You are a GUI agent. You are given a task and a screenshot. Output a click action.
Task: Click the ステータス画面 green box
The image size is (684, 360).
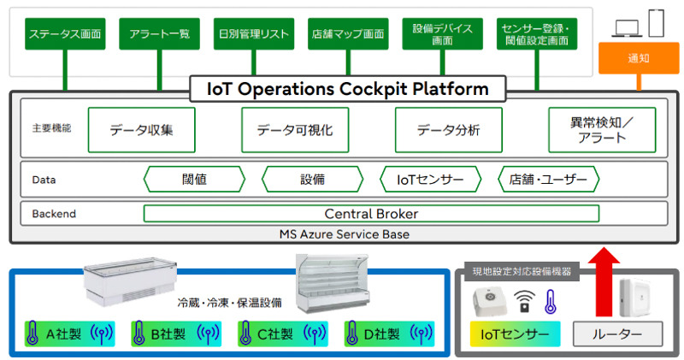[65, 35]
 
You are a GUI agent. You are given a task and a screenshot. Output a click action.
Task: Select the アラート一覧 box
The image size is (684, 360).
[160, 35]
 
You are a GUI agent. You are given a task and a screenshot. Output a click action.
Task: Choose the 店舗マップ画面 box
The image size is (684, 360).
[347, 35]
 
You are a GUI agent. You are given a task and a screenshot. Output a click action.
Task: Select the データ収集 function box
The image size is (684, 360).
[142, 130]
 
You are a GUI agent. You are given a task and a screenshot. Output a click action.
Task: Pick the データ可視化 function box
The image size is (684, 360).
[295, 130]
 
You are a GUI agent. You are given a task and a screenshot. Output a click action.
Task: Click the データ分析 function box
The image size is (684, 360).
[448, 130]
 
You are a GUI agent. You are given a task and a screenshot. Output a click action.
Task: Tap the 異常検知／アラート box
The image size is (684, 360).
[602, 130]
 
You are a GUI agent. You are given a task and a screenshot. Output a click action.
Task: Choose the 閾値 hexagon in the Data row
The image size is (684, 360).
[195, 180]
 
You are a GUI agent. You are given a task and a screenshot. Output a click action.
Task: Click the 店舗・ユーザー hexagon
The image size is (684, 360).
[548, 180]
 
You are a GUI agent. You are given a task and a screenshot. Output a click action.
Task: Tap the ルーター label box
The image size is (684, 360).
[616, 333]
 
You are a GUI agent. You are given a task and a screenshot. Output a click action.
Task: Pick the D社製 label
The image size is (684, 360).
[386, 333]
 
